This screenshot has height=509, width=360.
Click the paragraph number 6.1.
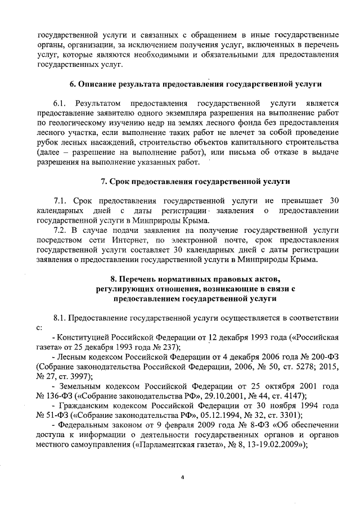point(61,104)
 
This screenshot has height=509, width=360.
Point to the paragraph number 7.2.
point(61,231)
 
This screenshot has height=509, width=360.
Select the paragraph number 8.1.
point(61,319)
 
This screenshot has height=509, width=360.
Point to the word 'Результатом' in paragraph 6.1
point(99,104)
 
